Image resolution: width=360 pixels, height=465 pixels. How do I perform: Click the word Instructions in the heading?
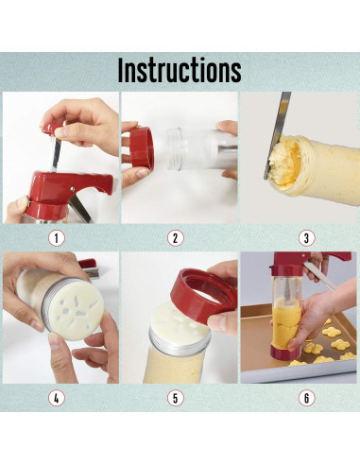180,70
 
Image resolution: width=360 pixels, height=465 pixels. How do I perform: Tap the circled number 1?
57,238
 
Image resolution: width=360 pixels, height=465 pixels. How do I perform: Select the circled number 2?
175,238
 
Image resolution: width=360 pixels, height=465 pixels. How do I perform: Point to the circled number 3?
306,238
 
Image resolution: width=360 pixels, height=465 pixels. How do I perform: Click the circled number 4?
57,398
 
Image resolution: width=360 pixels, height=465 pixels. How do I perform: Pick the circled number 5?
175,398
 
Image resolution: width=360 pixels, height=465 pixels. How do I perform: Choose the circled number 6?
306,398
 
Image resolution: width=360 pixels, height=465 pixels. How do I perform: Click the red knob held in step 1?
52,129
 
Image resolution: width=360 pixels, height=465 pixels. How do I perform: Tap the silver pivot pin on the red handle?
73,189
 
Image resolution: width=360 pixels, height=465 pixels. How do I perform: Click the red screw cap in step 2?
142,149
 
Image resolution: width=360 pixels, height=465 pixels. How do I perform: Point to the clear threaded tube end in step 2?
174,149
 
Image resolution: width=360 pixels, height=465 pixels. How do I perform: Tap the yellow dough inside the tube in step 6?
286,323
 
